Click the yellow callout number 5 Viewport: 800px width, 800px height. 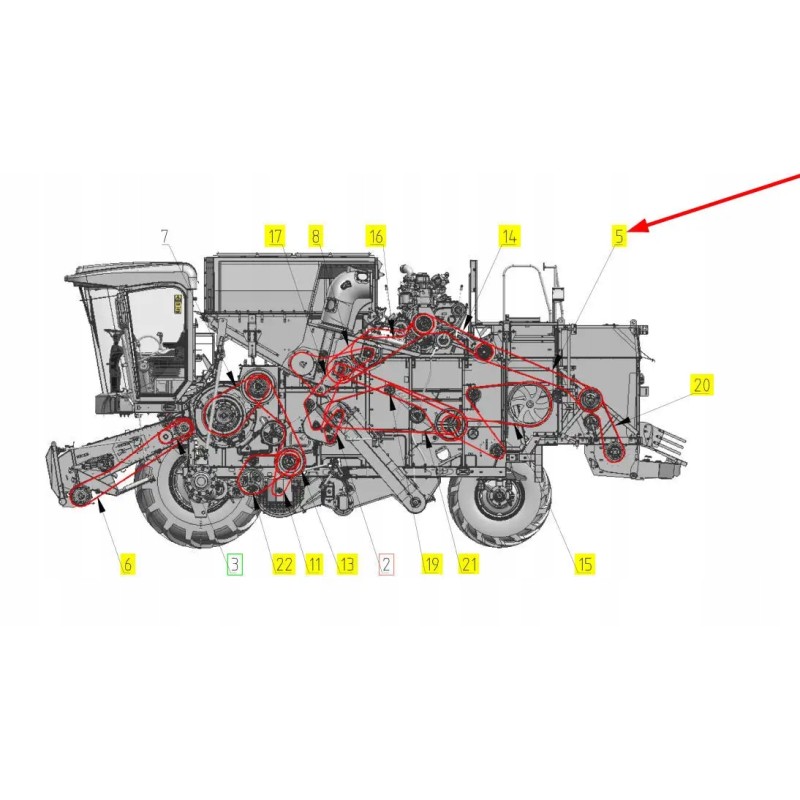[620, 236]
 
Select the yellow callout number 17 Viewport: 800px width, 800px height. [275, 236]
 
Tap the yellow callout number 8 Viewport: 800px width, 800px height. [316, 236]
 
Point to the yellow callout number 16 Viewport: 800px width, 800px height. [375, 236]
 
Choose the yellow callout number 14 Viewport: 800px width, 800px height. [510, 236]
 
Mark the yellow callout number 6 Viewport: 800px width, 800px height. [127, 564]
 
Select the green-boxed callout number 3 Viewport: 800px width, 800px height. [234, 564]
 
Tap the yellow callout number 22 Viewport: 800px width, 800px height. [284, 564]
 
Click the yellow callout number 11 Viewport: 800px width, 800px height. [314, 564]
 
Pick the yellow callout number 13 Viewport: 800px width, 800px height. [346, 564]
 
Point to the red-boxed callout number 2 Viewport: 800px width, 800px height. [386, 564]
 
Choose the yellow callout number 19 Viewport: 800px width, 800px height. [431, 564]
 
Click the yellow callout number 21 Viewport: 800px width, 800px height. [468, 564]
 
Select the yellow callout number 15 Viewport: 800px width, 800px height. [584, 564]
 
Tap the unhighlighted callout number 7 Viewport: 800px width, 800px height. [166, 236]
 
